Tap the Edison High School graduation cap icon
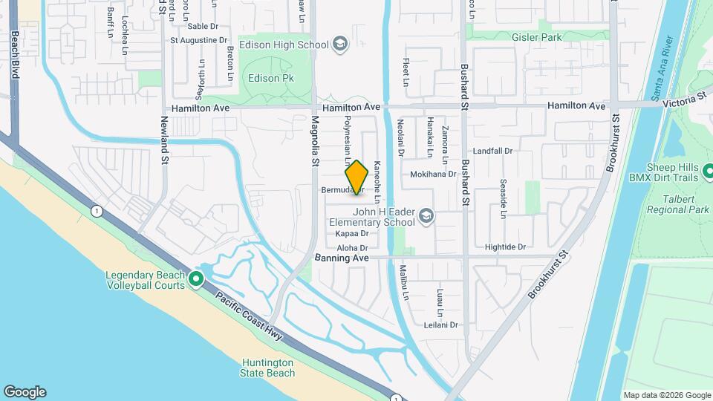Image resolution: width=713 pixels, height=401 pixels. point(340,45)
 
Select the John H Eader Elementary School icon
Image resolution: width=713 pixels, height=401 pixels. point(426,216)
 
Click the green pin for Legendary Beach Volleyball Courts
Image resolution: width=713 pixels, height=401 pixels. point(196,279)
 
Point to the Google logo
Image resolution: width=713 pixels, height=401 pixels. point(25,392)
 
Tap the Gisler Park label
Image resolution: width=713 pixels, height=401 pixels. point(537,36)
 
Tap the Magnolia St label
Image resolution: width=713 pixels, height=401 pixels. point(315,140)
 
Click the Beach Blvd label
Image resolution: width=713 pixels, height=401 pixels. point(14,55)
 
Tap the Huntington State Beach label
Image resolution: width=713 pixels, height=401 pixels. point(268,368)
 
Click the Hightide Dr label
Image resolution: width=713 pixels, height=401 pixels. point(505,247)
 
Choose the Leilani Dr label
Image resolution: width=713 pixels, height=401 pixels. point(441,325)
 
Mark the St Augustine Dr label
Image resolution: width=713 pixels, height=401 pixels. point(199,40)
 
